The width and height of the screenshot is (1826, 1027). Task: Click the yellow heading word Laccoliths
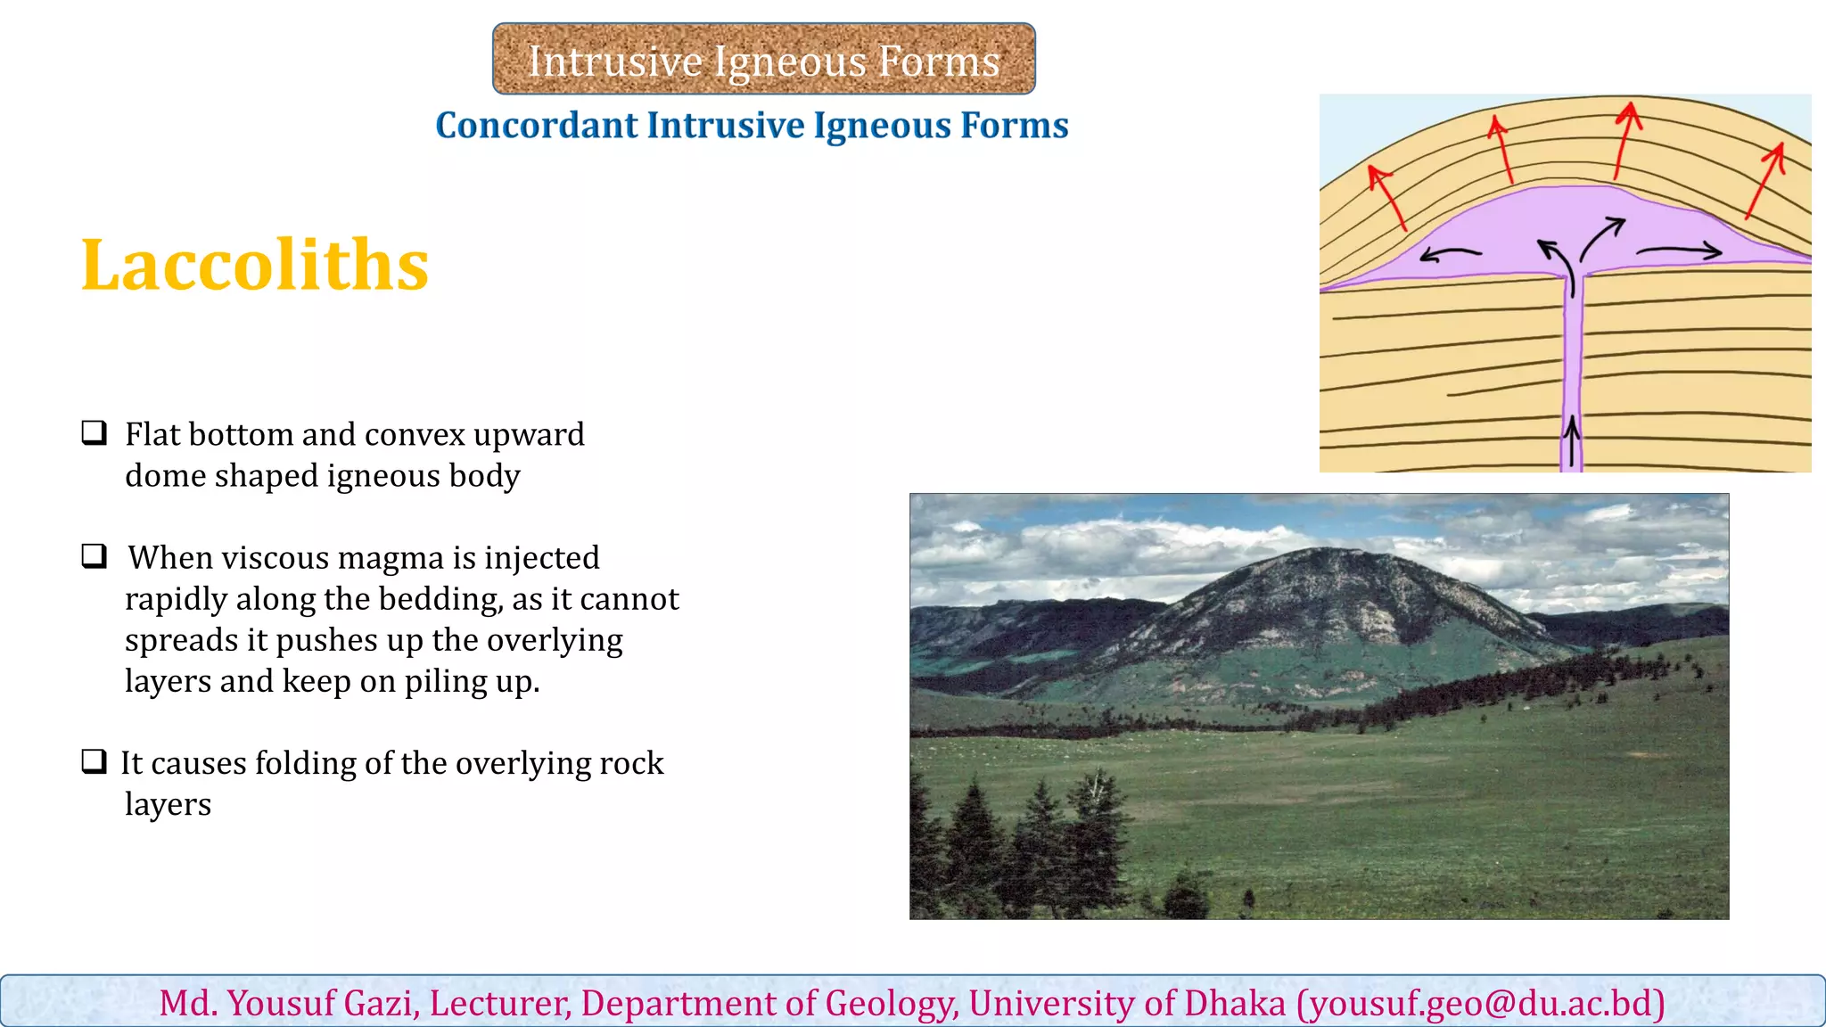pos(255,265)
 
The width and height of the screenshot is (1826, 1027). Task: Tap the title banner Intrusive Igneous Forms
pos(763,60)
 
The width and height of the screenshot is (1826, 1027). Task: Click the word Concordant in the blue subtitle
pos(535,126)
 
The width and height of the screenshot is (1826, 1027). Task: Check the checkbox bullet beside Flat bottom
pos(94,433)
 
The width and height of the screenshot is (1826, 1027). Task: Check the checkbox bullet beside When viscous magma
pos(94,556)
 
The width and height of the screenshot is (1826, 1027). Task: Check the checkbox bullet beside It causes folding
pos(94,761)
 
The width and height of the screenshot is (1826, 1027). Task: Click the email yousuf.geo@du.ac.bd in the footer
pos(1480,1003)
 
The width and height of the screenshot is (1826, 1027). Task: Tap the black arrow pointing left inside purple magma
pos(1450,254)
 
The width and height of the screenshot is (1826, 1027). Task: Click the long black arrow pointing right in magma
pos(1679,252)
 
